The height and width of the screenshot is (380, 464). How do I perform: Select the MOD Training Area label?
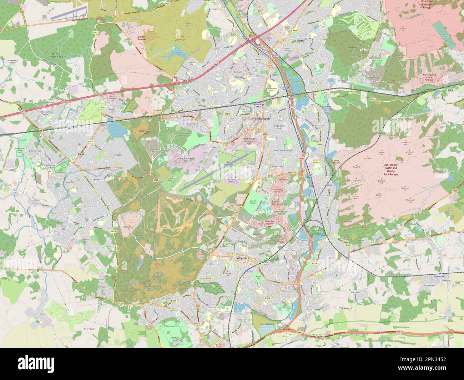(x=145, y=132)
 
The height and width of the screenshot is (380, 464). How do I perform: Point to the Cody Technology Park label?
(x=183, y=159)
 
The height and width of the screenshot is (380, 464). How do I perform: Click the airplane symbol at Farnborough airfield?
(x=228, y=162)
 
